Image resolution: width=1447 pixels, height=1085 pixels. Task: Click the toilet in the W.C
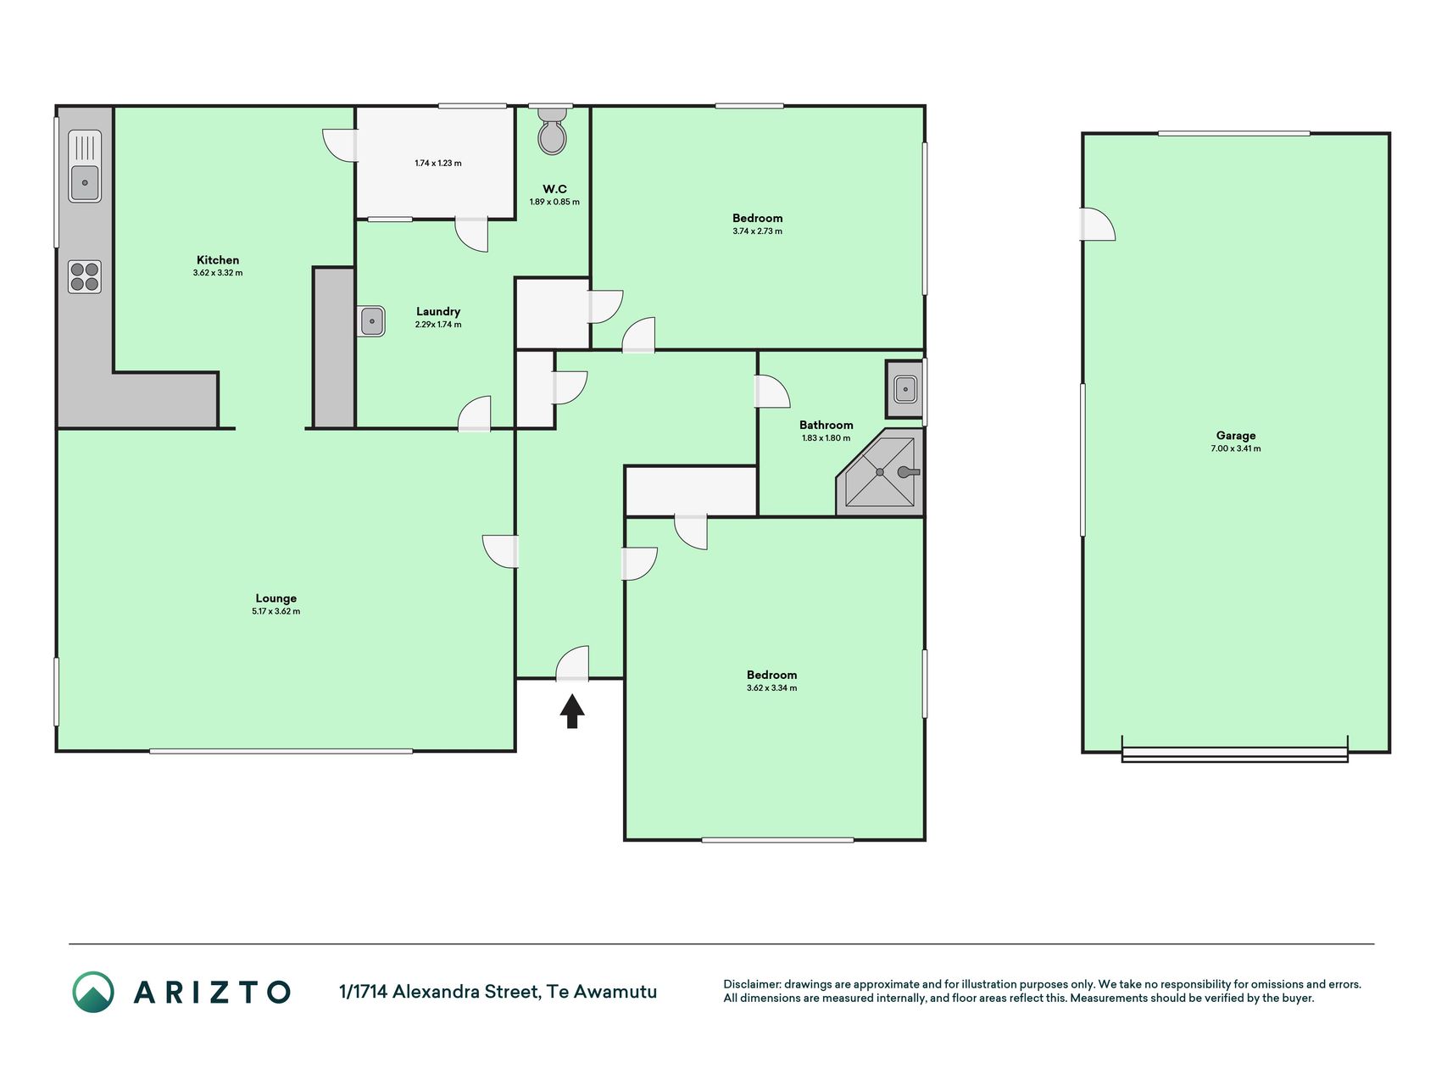(552, 131)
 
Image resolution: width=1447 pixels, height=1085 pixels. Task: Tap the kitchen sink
(85, 166)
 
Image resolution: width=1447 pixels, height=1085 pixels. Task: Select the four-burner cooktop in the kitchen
(85, 277)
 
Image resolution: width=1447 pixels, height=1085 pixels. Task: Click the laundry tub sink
(371, 321)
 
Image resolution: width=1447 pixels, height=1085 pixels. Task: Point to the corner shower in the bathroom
(880, 471)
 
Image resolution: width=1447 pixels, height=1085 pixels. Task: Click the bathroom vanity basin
(904, 389)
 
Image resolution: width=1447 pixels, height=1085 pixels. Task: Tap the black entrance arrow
(572, 711)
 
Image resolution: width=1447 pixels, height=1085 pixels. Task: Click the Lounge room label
(276, 598)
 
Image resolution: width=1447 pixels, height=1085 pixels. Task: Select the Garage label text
(1236, 436)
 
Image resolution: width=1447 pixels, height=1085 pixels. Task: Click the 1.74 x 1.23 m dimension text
(438, 163)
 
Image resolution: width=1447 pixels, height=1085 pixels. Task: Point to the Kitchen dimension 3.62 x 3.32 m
(218, 273)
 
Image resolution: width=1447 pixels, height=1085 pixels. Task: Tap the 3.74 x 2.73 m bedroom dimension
(758, 231)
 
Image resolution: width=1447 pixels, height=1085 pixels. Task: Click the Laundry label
(438, 311)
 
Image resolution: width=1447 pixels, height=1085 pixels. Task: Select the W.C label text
(555, 189)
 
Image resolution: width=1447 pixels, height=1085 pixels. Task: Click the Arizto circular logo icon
(93, 992)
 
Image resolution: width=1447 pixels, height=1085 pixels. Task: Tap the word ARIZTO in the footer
(212, 992)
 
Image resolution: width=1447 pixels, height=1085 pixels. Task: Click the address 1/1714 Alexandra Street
(439, 992)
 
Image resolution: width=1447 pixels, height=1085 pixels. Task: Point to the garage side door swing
(1098, 225)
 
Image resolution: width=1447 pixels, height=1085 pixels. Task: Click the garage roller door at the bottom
(1235, 754)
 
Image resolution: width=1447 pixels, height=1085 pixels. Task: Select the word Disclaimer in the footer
(751, 984)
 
